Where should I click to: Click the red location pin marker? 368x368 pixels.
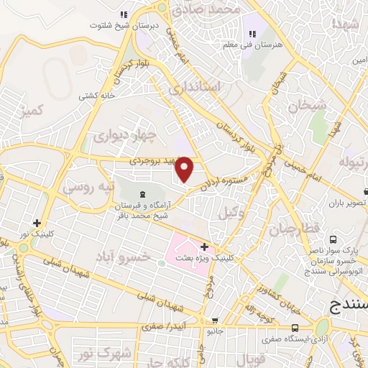coord(185,168)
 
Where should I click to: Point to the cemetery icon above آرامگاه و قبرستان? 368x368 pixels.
coord(141,194)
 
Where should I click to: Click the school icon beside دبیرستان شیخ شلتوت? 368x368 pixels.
coord(124,14)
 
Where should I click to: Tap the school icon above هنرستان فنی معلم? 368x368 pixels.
coord(252,33)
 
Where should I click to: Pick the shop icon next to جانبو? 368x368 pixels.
coord(214,321)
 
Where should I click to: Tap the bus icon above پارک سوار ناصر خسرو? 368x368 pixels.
coord(333,239)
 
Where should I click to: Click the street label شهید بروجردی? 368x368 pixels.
coord(153,162)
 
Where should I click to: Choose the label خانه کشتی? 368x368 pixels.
coord(98,95)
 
